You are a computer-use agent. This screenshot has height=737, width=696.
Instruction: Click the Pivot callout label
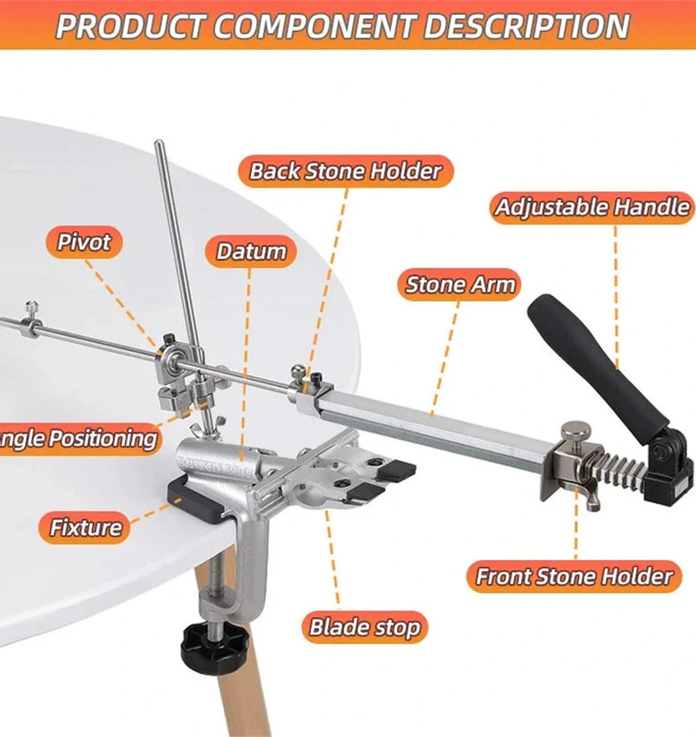click(84, 242)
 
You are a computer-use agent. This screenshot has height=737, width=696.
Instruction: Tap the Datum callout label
click(251, 251)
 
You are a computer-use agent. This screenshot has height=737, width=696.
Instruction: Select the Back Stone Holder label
click(345, 172)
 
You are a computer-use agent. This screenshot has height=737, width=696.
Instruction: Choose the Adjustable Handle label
click(592, 207)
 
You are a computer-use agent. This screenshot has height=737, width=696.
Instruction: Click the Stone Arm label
click(460, 285)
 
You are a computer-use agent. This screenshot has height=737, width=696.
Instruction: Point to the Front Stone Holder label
click(574, 576)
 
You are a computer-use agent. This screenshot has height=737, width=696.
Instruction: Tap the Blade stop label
click(364, 627)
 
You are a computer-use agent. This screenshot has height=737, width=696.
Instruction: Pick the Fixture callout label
click(86, 527)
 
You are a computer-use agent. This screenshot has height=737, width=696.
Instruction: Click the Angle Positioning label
click(79, 439)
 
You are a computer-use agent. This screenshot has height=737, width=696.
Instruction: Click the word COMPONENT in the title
click(315, 26)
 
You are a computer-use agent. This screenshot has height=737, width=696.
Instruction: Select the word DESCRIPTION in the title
click(526, 26)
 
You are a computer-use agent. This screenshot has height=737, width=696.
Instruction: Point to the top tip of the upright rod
click(159, 141)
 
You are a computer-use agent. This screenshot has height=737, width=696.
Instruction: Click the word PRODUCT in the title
click(132, 26)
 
